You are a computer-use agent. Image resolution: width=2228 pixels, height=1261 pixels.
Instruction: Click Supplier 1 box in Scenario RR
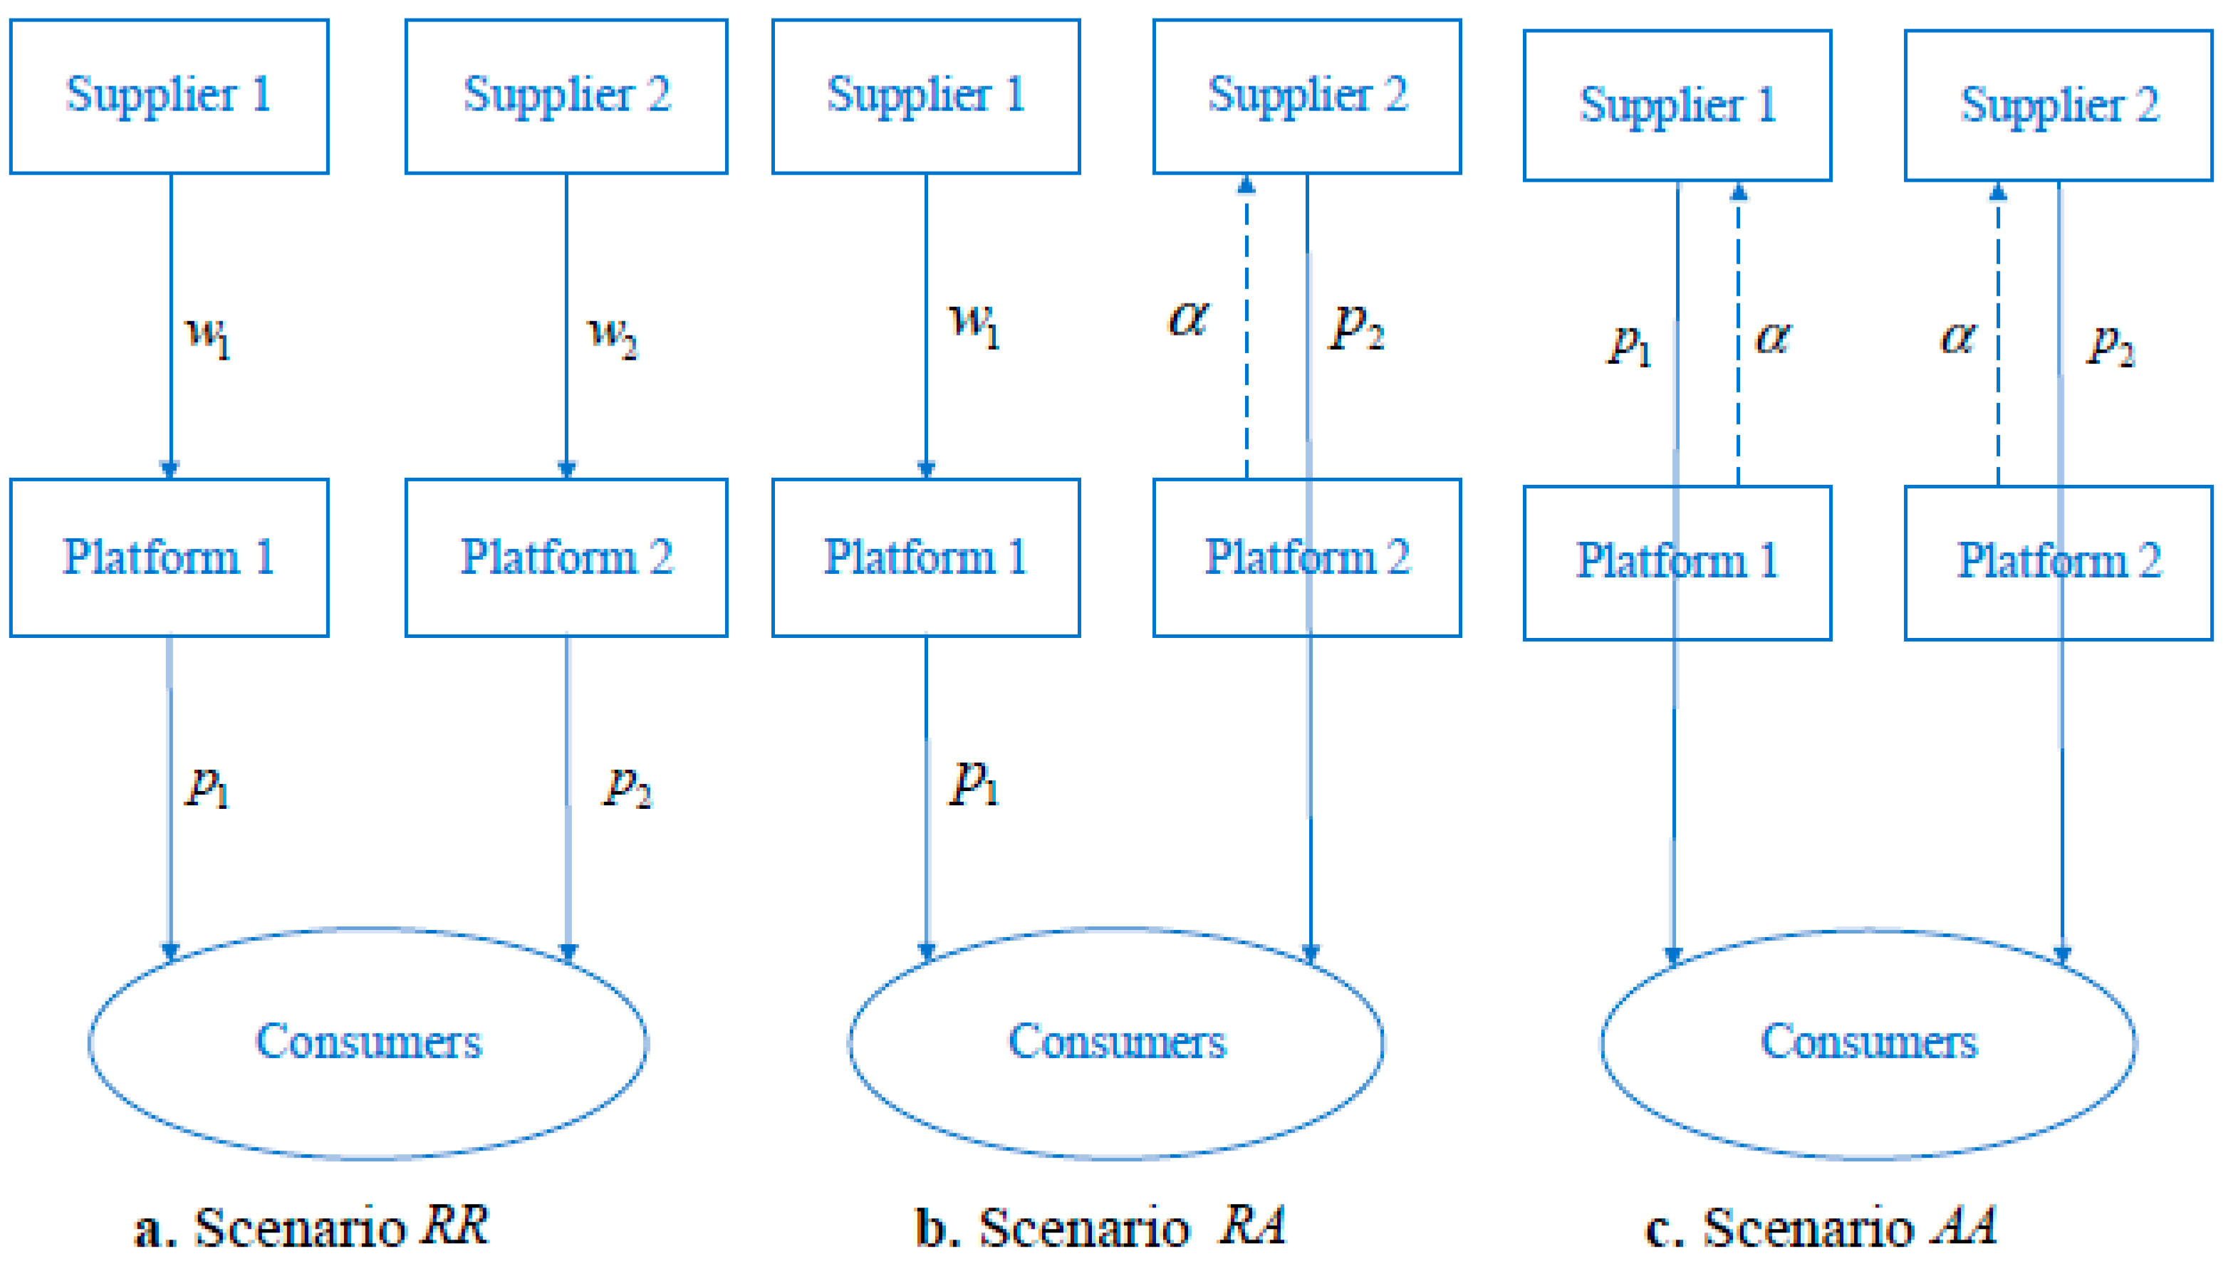(x=169, y=96)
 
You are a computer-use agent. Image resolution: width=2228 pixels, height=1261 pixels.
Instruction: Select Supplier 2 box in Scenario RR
(x=566, y=96)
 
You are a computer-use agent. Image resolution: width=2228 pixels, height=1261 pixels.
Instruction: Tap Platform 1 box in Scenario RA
(x=925, y=557)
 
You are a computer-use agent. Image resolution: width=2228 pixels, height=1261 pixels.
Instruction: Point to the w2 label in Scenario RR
(x=612, y=335)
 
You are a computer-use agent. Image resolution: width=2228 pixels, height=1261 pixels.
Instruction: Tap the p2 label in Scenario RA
(x=1357, y=327)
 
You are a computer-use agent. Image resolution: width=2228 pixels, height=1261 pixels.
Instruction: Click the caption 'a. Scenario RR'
(x=312, y=1226)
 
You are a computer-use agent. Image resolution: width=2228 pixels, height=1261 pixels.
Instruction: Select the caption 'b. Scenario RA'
(x=1100, y=1226)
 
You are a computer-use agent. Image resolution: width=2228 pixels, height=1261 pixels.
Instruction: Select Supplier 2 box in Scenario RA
(x=1306, y=96)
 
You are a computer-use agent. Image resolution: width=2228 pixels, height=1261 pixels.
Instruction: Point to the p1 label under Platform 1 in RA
(x=974, y=784)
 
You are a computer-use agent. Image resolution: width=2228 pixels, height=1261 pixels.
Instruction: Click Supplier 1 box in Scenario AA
(x=1677, y=105)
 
